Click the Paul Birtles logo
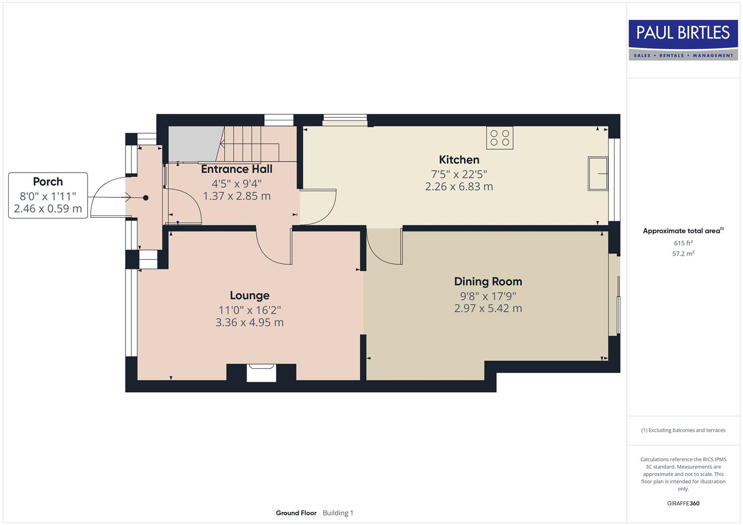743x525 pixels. point(683,40)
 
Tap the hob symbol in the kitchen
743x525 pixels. point(500,138)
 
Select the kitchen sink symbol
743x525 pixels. point(598,174)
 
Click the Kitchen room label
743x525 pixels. point(459,160)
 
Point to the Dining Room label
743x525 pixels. point(488,281)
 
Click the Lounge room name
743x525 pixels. point(250,296)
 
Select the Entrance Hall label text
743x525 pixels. point(236,169)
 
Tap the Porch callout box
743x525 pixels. point(48,195)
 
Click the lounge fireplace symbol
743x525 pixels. point(261,373)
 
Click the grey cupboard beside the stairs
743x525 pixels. point(192,144)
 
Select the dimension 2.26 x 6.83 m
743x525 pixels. point(459,187)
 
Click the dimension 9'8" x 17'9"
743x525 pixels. point(488,296)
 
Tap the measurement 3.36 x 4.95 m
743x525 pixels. point(250,322)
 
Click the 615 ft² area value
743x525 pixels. point(683,243)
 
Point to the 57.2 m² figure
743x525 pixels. point(683,254)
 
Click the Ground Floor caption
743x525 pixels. point(296,513)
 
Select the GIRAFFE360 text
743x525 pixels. point(683,503)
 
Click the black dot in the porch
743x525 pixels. point(145,198)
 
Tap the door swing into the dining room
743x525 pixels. point(384,248)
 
